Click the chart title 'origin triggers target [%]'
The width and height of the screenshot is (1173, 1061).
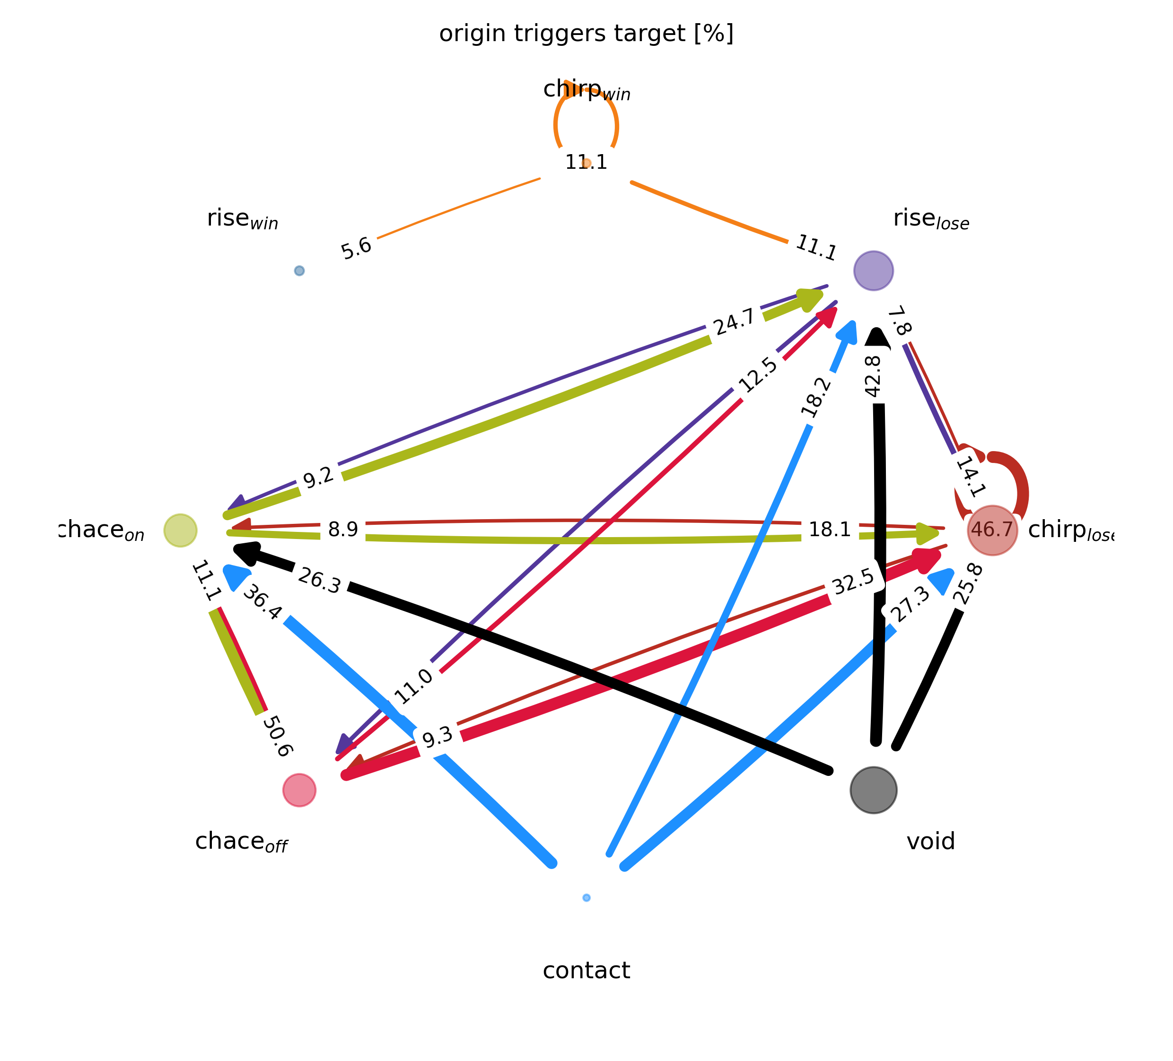click(586, 34)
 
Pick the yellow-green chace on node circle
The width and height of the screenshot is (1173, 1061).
click(180, 530)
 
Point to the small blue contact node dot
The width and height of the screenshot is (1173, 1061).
click(586, 897)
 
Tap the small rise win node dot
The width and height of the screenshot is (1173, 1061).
click(299, 270)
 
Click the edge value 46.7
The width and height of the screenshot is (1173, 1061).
click(992, 530)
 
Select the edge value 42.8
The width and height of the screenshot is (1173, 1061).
click(873, 376)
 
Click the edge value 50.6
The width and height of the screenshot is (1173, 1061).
click(277, 737)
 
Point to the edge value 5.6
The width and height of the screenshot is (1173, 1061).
click(356, 248)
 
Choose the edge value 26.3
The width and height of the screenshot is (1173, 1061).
click(319, 581)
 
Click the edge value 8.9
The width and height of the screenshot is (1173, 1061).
click(343, 530)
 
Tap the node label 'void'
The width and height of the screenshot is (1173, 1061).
click(931, 841)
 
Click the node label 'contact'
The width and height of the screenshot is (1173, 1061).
click(586, 971)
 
